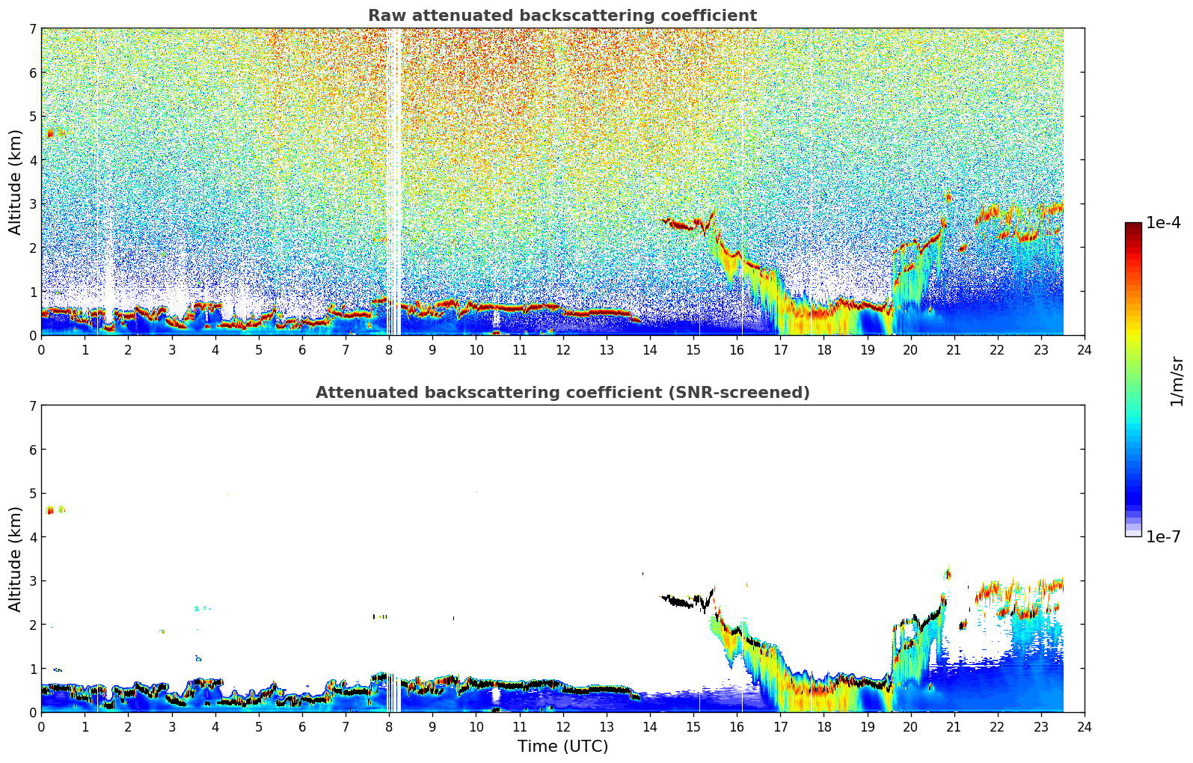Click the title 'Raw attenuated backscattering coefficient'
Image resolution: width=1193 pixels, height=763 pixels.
coord(562,16)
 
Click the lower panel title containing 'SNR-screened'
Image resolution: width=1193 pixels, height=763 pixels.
coord(562,393)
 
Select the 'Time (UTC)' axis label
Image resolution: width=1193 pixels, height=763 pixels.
coord(562,747)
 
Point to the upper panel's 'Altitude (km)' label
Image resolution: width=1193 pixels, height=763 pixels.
coord(16,182)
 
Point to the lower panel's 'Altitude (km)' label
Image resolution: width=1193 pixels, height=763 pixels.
coord(16,559)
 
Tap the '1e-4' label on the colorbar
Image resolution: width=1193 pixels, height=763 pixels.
coord(1163,223)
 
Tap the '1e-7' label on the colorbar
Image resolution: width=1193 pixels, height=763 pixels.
coord(1163,536)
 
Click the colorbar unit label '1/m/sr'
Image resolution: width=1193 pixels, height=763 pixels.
coord(1177,381)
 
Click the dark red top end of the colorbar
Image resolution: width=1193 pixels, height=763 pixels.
coord(1133,226)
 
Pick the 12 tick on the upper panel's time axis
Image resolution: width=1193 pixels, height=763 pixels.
coord(562,349)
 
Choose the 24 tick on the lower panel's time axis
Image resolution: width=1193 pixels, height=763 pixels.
coord(1084,726)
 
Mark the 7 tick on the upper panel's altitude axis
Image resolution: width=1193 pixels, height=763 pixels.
coord(32,28)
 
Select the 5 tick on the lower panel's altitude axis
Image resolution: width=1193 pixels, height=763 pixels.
coord(32,493)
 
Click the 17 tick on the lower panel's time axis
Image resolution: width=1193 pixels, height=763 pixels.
coord(780,726)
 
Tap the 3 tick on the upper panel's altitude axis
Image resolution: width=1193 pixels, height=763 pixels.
coord(32,203)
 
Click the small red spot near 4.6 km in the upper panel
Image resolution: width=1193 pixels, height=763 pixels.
coord(50,134)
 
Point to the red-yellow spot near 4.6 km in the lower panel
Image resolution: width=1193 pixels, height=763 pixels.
coord(50,510)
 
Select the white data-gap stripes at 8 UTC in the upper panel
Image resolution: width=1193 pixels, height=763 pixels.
coord(393,180)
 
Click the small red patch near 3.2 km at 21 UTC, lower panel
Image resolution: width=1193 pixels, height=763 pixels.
coord(948,574)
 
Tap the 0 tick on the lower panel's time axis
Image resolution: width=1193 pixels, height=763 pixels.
coord(41,726)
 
